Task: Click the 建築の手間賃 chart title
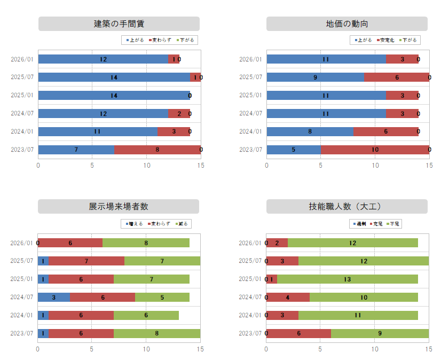[x=119, y=24]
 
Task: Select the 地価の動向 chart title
[x=347, y=24]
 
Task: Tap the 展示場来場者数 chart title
[x=119, y=207]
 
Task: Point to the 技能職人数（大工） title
[x=347, y=207]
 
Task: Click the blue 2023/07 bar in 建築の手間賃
[x=76, y=150]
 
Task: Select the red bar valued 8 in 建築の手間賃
[x=157, y=150]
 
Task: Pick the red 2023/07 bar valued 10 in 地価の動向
[x=375, y=150]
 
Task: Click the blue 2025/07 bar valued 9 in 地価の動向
[x=315, y=77]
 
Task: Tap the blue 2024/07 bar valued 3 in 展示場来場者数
[x=53, y=297]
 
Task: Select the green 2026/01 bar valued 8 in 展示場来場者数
[x=146, y=242]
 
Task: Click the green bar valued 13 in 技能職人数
[x=347, y=279]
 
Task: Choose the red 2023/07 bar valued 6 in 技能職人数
[x=298, y=333]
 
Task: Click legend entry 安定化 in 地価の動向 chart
[x=386, y=40]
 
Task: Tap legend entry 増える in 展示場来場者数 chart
[x=136, y=224]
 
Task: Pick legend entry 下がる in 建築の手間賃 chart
[x=186, y=40]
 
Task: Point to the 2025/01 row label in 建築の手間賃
[x=22, y=95]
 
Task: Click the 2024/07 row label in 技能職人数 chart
[x=251, y=297]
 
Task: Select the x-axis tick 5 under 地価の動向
[x=321, y=166]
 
